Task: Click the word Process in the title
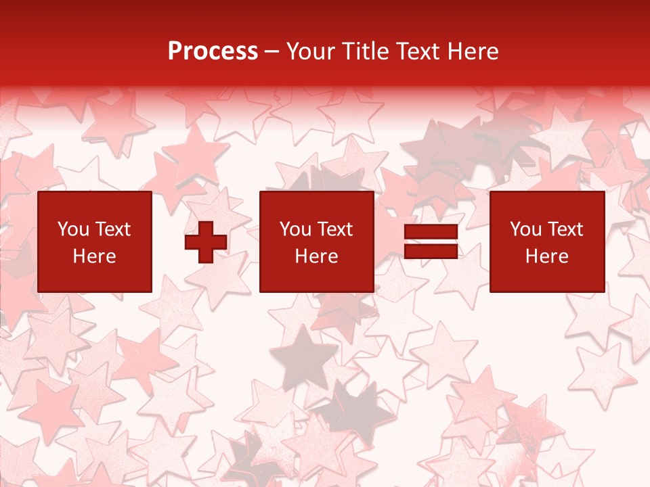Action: pyautogui.click(x=213, y=51)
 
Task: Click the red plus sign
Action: pyautogui.click(x=206, y=241)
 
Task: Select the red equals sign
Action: pyautogui.click(x=431, y=241)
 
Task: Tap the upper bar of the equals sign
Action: pyautogui.click(x=431, y=232)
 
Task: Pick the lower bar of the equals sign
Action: pyautogui.click(x=431, y=251)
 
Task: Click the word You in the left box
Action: pyautogui.click(x=73, y=229)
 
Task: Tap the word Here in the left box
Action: pyautogui.click(x=95, y=256)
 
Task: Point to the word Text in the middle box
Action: pyautogui.click(x=334, y=229)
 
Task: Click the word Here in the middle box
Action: pyautogui.click(x=317, y=256)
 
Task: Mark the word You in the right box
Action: pyautogui.click(x=525, y=229)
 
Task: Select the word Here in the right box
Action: pyautogui.click(x=547, y=256)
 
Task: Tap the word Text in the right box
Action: pyautogui.click(x=565, y=229)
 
